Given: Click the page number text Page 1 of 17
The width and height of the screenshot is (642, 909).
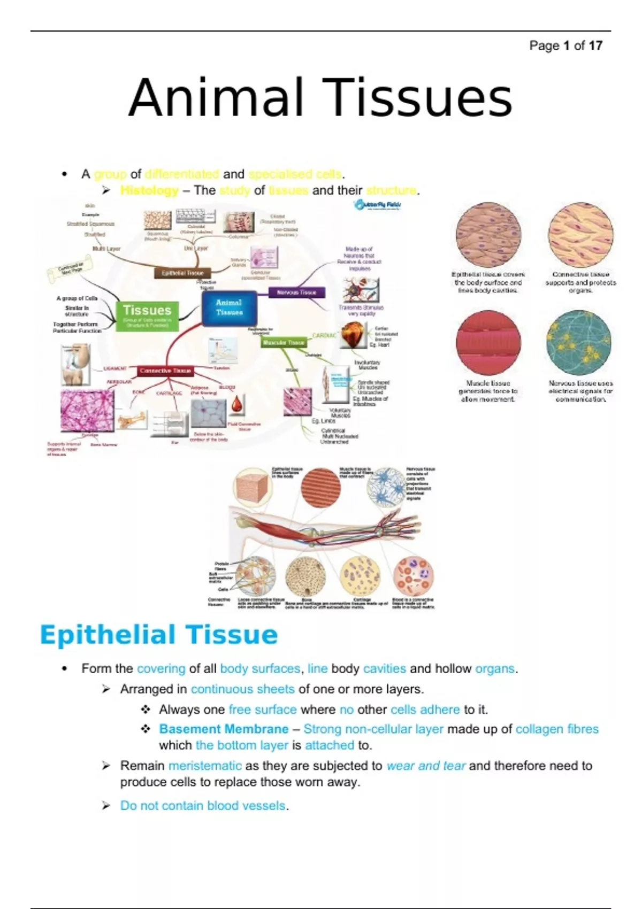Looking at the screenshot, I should pyautogui.click(x=565, y=46).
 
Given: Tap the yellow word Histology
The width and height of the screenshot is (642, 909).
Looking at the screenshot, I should pyautogui.click(x=149, y=190).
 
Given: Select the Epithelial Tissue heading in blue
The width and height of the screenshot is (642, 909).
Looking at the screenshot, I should pyautogui.click(x=159, y=635).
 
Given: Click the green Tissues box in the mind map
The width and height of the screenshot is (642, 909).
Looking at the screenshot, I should pyautogui.click(x=147, y=315).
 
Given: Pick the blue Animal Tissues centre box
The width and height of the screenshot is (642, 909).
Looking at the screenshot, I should pyautogui.click(x=229, y=307).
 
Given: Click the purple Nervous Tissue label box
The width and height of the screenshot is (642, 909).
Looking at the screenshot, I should pyautogui.click(x=296, y=292).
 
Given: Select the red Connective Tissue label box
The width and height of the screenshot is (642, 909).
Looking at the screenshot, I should pyautogui.click(x=165, y=371).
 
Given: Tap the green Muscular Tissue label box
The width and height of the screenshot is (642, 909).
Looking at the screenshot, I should pyautogui.click(x=284, y=343).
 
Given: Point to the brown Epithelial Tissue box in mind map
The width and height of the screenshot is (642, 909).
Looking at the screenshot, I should pyautogui.click(x=183, y=273).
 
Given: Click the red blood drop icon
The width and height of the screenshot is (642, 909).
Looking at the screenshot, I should pyautogui.click(x=237, y=405).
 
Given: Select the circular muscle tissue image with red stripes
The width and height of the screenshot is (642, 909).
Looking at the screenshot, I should pyautogui.click(x=488, y=343).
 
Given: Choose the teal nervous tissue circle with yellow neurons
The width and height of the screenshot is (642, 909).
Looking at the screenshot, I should pyautogui.click(x=580, y=343).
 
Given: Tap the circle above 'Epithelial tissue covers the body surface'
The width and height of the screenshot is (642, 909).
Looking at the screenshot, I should pyautogui.click(x=488, y=234).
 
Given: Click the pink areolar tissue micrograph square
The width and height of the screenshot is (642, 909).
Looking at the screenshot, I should pyautogui.click(x=87, y=411).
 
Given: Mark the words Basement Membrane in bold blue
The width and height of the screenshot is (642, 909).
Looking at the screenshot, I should pyautogui.click(x=224, y=729).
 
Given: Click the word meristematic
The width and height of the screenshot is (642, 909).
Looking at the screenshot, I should pyautogui.click(x=205, y=766).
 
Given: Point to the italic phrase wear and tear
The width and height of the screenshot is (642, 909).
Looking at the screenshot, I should pyautogui.click(x=426, y=766).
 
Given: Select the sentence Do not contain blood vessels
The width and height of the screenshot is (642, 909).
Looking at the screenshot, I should pyautogui.click(x=203, y=806).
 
